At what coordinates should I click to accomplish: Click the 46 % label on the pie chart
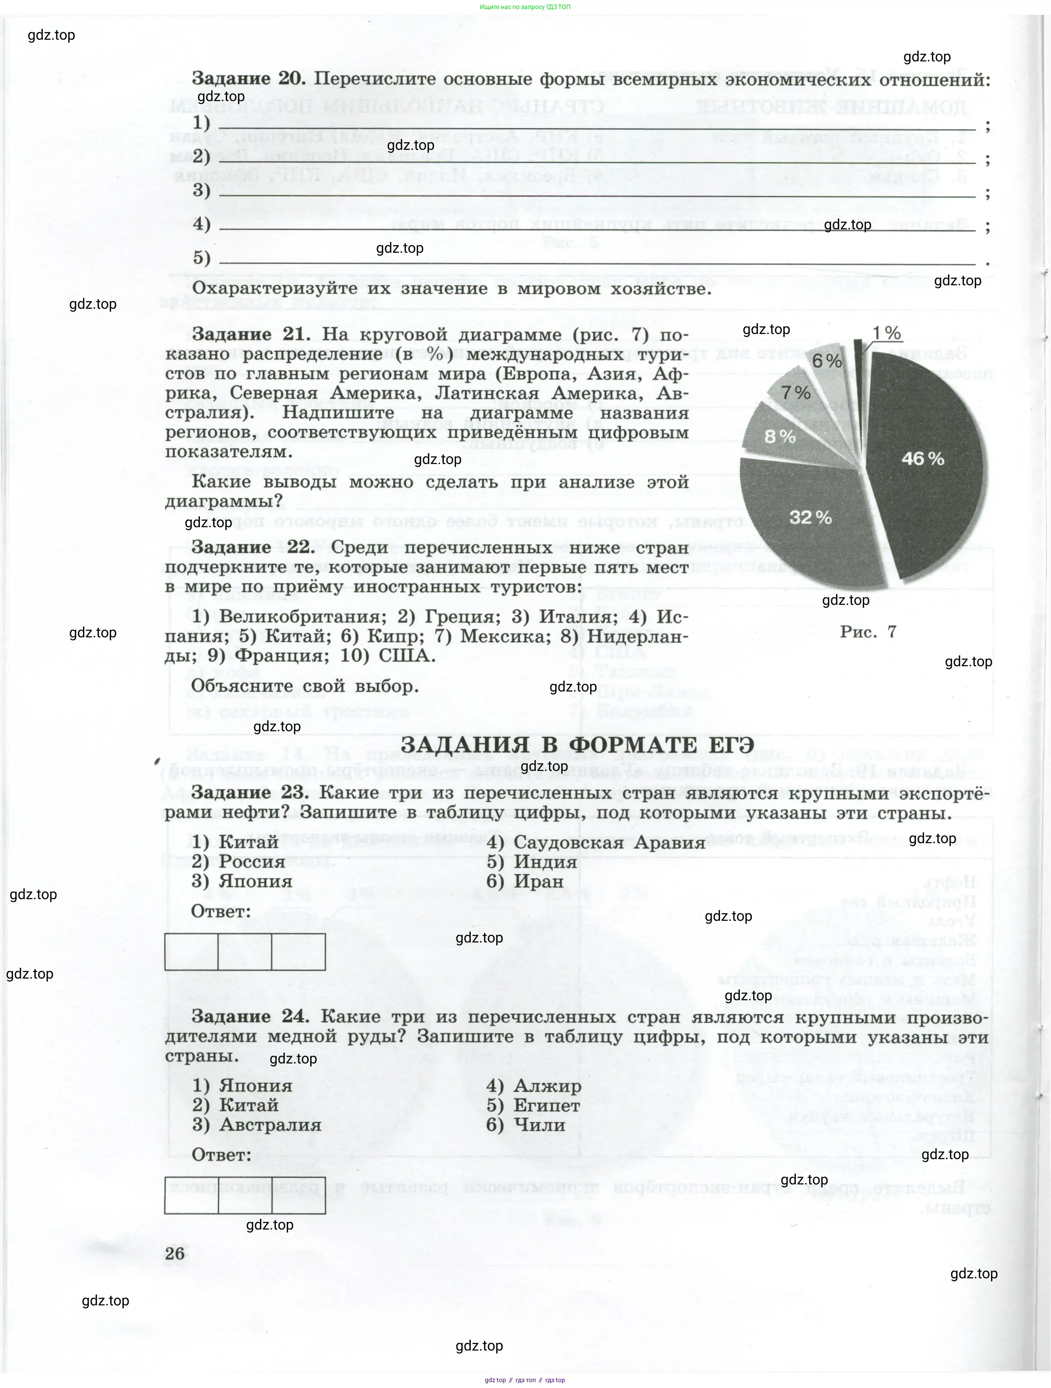pyautogui.click(x=922, y=459)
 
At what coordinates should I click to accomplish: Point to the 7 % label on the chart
pyautogui.click(x=795, y=393)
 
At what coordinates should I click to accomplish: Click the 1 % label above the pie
pyautogui.click(x=887, y=333)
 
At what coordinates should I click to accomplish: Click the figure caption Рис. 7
pyautogui.click(x=868, y=632)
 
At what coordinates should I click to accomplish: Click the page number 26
pyautogui.click(x=175, y=1254)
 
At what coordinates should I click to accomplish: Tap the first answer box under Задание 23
pyautogui.click(x=191, y=952)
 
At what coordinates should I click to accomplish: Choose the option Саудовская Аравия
pyautogui.click(x=609, y=843)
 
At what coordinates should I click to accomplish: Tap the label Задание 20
pyautogui.click(x=248, y=79)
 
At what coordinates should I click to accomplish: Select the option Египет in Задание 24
pyautogui.click(x=546, y=1105)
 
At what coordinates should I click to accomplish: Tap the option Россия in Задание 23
pyautogui.click(x=251, y=862)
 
